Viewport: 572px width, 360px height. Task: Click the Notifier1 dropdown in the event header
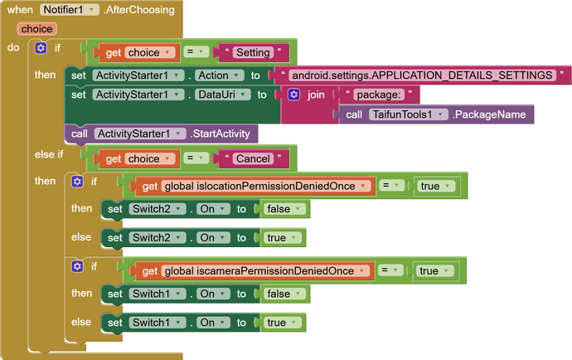(69, 10)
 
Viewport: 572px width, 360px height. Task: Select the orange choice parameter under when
(36, 29)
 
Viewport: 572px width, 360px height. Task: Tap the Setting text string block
(253, 52)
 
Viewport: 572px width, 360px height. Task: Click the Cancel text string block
(253, 158)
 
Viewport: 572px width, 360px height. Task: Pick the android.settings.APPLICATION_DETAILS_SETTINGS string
(422, 75)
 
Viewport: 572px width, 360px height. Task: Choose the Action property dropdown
(219, 75)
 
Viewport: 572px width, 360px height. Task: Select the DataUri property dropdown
(222, 95)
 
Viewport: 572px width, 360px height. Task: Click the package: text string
(379, 95)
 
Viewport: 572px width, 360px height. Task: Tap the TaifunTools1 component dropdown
(408, 114)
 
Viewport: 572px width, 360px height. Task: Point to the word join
(316, 95)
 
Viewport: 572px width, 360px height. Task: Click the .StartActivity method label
(220, 134)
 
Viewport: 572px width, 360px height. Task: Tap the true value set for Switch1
(283, 323)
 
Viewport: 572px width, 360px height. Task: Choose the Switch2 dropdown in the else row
(158, 238)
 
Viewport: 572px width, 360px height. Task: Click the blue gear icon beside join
(293, 95)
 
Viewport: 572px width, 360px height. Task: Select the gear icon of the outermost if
(41, 48)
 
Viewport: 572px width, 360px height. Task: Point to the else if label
(49, 154)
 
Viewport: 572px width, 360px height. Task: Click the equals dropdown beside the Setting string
(196, 52)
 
